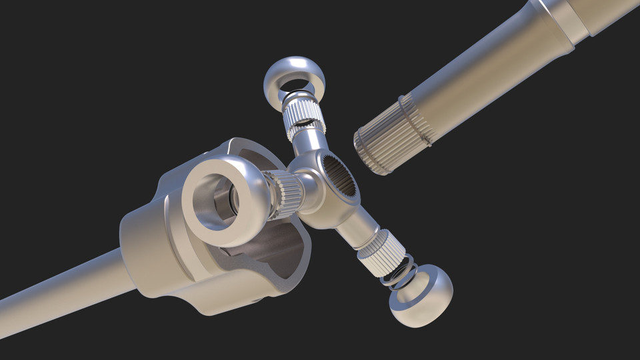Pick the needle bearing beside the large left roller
(283, 194)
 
